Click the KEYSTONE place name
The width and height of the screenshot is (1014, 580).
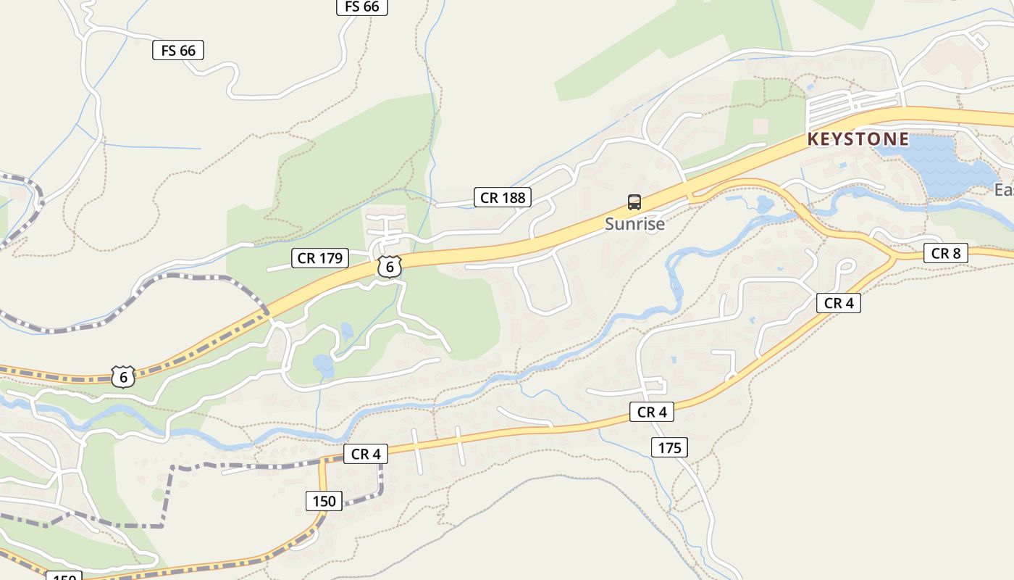[858, 139]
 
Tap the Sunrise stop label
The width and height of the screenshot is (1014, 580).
[634, 224]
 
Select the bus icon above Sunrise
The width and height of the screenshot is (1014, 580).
[634, 202]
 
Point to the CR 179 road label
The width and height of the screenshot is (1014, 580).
[320, 258]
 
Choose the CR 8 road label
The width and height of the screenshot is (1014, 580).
[946, 253]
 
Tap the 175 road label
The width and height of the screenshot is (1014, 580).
[669, 448]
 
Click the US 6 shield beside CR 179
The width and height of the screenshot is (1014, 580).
[390, 267]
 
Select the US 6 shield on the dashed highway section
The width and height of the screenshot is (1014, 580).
[124, 377]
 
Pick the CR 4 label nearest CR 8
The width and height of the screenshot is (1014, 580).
[839, 303]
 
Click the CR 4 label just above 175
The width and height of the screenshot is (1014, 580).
[652, 413]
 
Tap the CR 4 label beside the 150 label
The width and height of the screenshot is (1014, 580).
[366, 455]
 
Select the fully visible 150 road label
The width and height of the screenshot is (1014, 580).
[324, 501]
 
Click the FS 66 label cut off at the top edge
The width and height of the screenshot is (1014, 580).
[362, 7]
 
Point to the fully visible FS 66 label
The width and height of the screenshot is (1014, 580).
[178, 50]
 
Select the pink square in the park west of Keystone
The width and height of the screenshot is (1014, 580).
[760, 127]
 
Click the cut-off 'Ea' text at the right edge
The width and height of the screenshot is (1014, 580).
[1004, 190]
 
